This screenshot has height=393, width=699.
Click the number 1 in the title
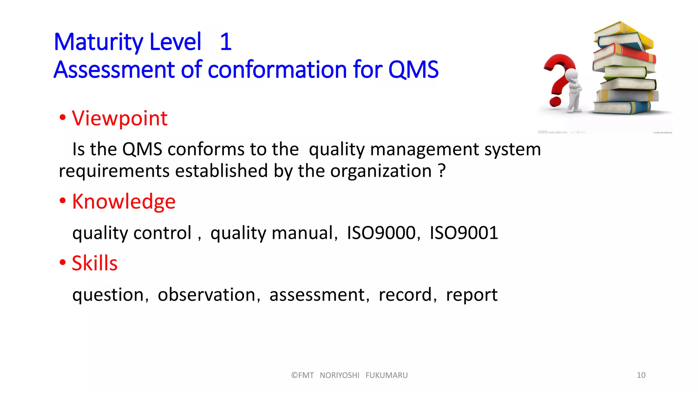click(x=226, y=42)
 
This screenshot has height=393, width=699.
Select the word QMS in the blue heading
click(x=413, y=70)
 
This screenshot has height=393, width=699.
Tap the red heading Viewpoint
click(x=119, y=118)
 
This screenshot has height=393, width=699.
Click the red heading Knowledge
click(x=124, y=201)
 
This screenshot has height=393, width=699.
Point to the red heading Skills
click(x=95, y=263)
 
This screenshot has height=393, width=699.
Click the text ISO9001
click(x=463, y=233)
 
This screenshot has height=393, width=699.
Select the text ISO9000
click(x=381, y=233)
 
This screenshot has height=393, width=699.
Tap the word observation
click(x=206, y=294)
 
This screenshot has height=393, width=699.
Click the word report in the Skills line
click(x=472, y=295)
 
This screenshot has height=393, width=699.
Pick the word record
click(x=405, y=294)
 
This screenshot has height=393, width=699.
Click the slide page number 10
click(x=641, y=375)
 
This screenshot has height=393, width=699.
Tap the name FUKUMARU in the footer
click(x=386, y=375)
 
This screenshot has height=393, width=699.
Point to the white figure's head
click(x=571, y=74)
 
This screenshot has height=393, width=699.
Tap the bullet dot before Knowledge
click(x=62, y=201)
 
